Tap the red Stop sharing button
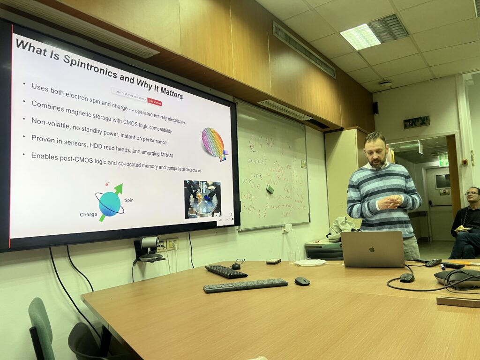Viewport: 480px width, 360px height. pos(154,102)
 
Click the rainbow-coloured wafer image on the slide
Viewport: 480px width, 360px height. pos(213,142)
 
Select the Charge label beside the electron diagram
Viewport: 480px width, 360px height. pos(88,214)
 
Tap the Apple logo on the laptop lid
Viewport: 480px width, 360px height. pos(372,249)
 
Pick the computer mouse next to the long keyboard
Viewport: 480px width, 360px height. pos(302,281)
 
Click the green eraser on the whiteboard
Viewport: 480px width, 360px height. pos(270,188)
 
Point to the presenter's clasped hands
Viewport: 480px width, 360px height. pos(390,202)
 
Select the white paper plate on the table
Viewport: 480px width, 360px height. pos(310,262)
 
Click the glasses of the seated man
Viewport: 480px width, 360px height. pos(471,193)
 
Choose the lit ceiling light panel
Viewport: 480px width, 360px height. pos(360,37)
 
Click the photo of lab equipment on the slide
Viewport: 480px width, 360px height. pos(202,199)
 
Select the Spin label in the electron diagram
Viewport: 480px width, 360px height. pos(129,200)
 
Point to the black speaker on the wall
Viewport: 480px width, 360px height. pos(375,108)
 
